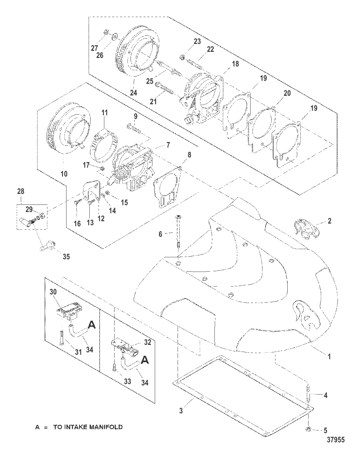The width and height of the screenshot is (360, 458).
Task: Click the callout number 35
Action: click(66, 256)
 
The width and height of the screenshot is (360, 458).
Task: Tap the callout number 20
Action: click(287, 93)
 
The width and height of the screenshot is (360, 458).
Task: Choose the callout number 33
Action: click(127, 382)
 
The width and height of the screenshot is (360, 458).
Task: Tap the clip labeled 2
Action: click(307, 229)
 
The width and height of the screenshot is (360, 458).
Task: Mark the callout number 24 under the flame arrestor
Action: click(134, 92)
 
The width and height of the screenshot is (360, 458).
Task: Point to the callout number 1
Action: click(329, 356)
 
